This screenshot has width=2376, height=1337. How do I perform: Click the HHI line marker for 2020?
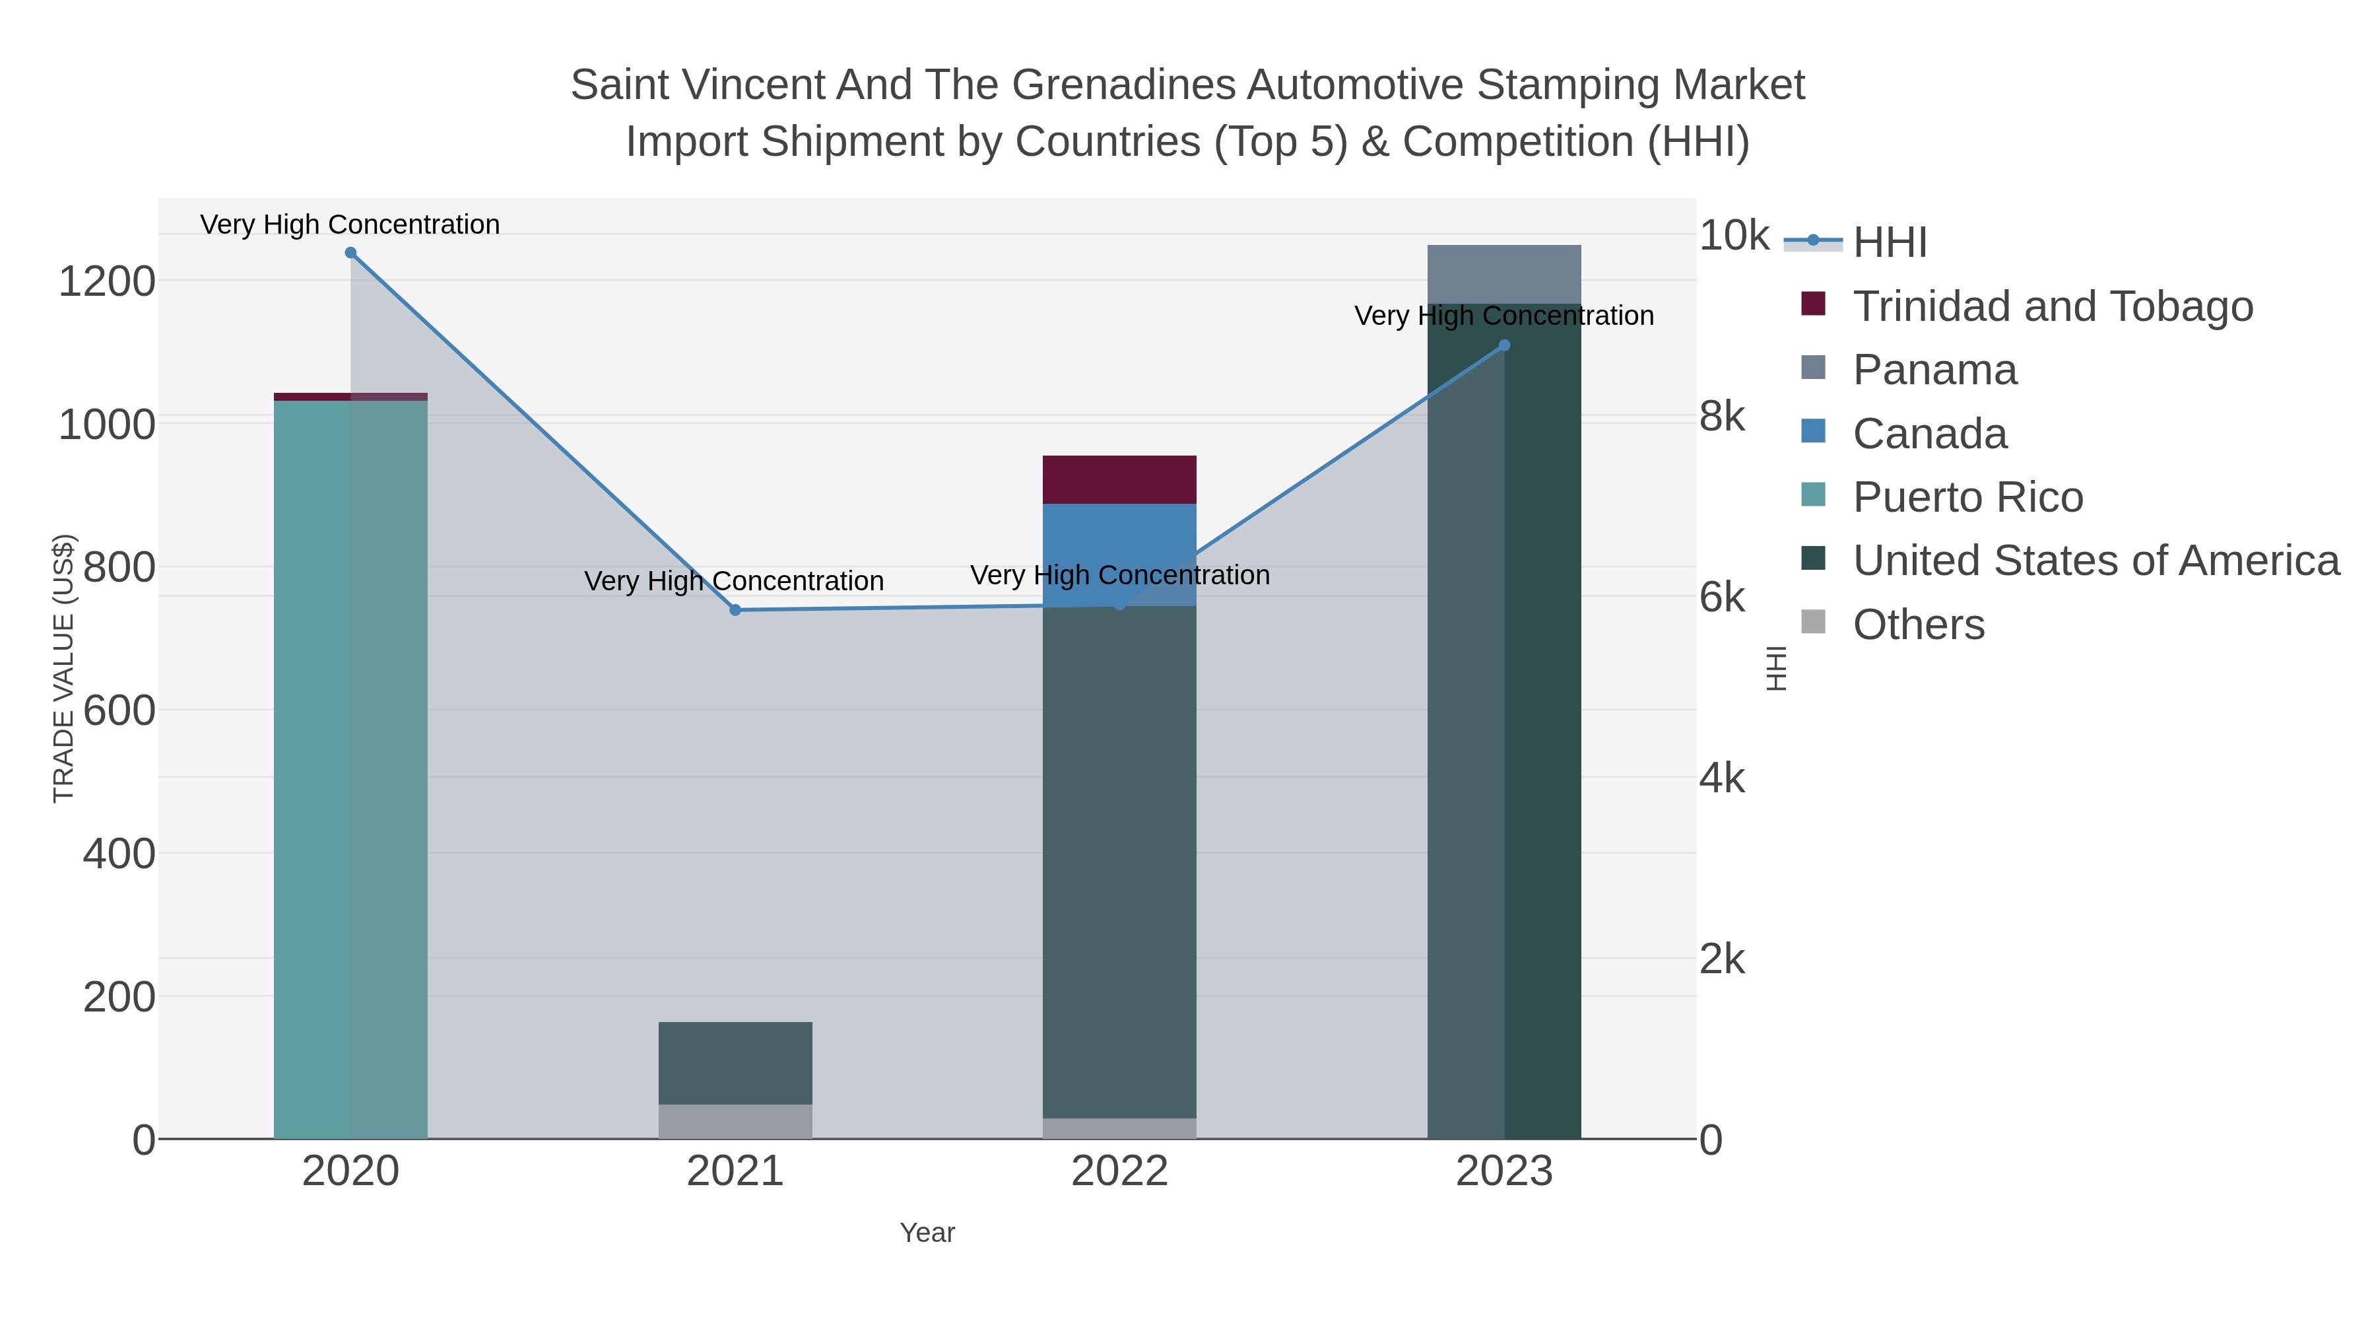(x=350, y=253)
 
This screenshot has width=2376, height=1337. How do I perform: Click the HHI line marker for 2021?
(x=735, y=610)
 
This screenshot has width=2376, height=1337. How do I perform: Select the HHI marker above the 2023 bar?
(x=1504, y=345)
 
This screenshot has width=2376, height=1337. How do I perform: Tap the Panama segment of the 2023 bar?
(x=1504, y=274)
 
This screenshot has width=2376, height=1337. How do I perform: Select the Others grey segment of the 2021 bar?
(x=735, y=1121)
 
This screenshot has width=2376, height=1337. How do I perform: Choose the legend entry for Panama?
(x=1934, y=370)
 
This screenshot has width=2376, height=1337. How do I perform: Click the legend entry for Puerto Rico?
(x=1967, y=497)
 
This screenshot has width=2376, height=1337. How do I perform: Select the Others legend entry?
(x=1919, y=625)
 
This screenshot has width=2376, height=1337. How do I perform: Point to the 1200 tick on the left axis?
(x=107, y=281)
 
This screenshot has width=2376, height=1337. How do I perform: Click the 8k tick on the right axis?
(x=1722, y=417)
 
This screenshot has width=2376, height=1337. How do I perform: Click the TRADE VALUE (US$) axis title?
(x=63, y=668)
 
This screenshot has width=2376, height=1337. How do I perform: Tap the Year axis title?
(x=927, y=1233)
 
